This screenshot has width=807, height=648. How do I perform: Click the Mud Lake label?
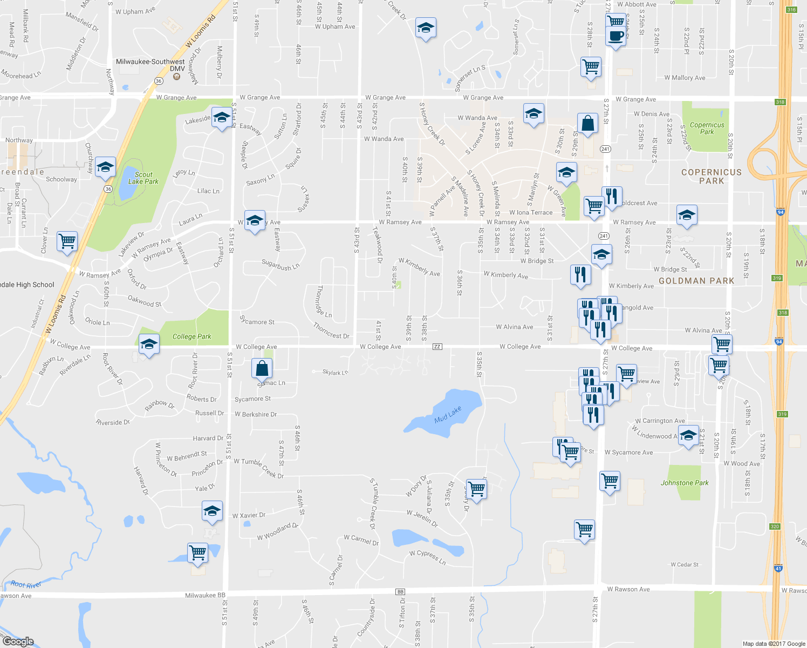448,415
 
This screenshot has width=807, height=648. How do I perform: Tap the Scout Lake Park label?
143,178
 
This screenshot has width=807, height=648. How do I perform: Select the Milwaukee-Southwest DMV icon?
176,77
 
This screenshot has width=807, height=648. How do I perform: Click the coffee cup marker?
615,37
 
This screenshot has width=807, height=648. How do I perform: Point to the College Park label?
192,336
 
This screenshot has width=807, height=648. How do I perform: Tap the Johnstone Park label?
685,483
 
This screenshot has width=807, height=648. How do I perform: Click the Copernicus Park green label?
707,128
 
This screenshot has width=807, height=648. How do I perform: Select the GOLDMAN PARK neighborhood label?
696,281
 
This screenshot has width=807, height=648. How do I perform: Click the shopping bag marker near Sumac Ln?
262,369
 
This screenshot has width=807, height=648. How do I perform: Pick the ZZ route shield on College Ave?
437,347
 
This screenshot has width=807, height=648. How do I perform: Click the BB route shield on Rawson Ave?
400,592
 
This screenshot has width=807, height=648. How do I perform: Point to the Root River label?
26,584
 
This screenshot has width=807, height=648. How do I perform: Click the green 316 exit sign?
791,10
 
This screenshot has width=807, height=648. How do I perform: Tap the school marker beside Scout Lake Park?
105,167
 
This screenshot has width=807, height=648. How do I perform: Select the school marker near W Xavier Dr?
212,511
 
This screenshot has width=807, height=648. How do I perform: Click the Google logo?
18,642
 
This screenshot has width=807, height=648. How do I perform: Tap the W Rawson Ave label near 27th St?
628,589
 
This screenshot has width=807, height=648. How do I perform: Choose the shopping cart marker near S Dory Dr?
476,489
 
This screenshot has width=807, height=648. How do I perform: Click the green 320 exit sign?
775,526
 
